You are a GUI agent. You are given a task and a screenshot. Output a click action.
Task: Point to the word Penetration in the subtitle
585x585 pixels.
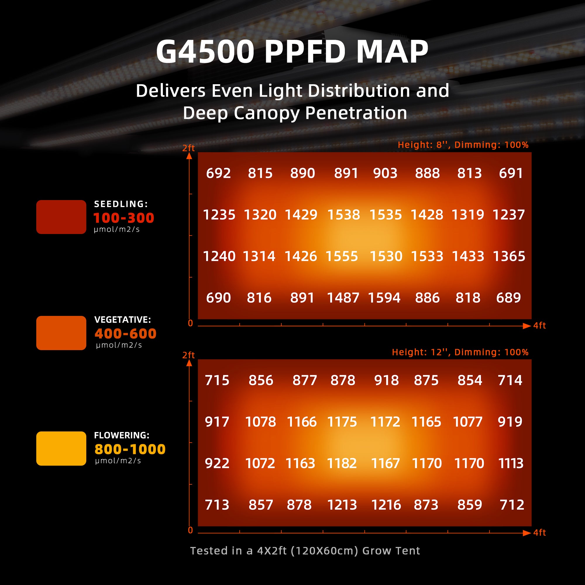point(356,113)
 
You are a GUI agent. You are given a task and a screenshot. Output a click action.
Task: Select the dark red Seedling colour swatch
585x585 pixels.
point(61,217)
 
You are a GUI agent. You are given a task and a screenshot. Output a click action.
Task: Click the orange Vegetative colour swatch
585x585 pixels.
point(61,333)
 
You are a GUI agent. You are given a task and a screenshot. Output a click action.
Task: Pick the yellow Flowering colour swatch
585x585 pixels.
point(61,448)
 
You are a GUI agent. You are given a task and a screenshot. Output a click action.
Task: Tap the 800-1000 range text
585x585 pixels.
point(130,449)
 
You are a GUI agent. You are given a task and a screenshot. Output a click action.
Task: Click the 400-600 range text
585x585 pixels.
point(125,333)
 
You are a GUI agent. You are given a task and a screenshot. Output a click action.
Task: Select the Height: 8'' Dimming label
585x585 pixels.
point(463,145)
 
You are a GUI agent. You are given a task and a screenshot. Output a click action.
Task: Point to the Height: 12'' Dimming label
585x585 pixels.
point(460,352)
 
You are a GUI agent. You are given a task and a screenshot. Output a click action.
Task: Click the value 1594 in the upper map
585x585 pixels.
point(384,298)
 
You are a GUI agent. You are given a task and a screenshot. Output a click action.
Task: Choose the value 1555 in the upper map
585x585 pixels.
point(342,256)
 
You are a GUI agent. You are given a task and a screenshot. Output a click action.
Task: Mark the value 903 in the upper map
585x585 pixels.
point(385,173)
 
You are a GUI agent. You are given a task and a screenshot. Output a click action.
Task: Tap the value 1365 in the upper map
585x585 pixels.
point(509,256)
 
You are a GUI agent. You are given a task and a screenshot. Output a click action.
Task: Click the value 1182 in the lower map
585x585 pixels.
point(342,463)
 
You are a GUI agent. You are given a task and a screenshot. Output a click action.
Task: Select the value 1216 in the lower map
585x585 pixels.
point(386,505)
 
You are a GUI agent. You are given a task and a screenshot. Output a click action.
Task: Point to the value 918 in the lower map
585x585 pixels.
point(386,380)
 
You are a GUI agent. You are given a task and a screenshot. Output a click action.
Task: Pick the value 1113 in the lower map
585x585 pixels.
point(510,463)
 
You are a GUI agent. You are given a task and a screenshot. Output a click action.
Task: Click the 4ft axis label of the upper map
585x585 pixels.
point(539,326)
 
